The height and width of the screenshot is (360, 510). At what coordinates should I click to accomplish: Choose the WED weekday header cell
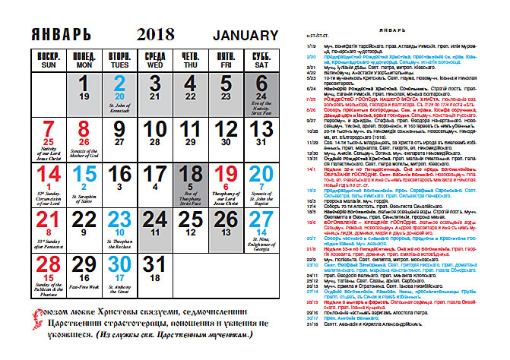(x=155, y=62)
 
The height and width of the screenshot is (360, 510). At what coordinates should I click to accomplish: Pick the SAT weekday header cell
(x=261, y=62)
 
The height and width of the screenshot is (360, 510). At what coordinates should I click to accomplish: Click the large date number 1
(x=84, y=82)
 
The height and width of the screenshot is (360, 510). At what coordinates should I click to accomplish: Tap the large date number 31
(x=154, y=263)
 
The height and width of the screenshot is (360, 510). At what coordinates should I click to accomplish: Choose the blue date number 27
(x=261, y=217)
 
